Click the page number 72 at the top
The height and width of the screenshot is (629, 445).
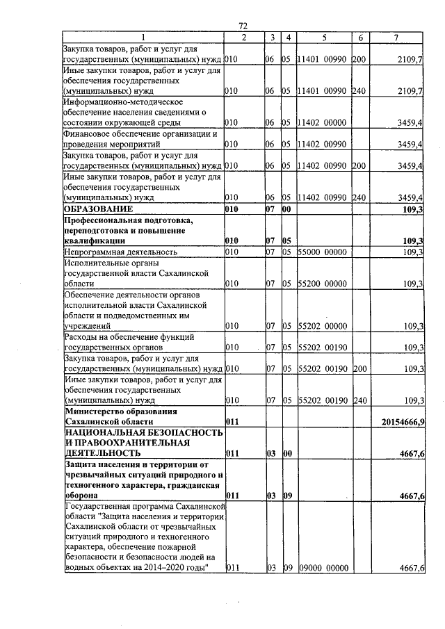point(243,25)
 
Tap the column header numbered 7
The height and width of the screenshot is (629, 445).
point(396,36)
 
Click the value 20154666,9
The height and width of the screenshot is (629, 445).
point(403,421)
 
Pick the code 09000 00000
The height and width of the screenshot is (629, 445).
point(323,568)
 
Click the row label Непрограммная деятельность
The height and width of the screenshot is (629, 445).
point(120,251)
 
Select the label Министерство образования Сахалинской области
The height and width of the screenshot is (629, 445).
point(108,416)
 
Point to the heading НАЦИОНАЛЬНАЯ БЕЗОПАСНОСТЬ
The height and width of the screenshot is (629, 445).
point(143,432)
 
